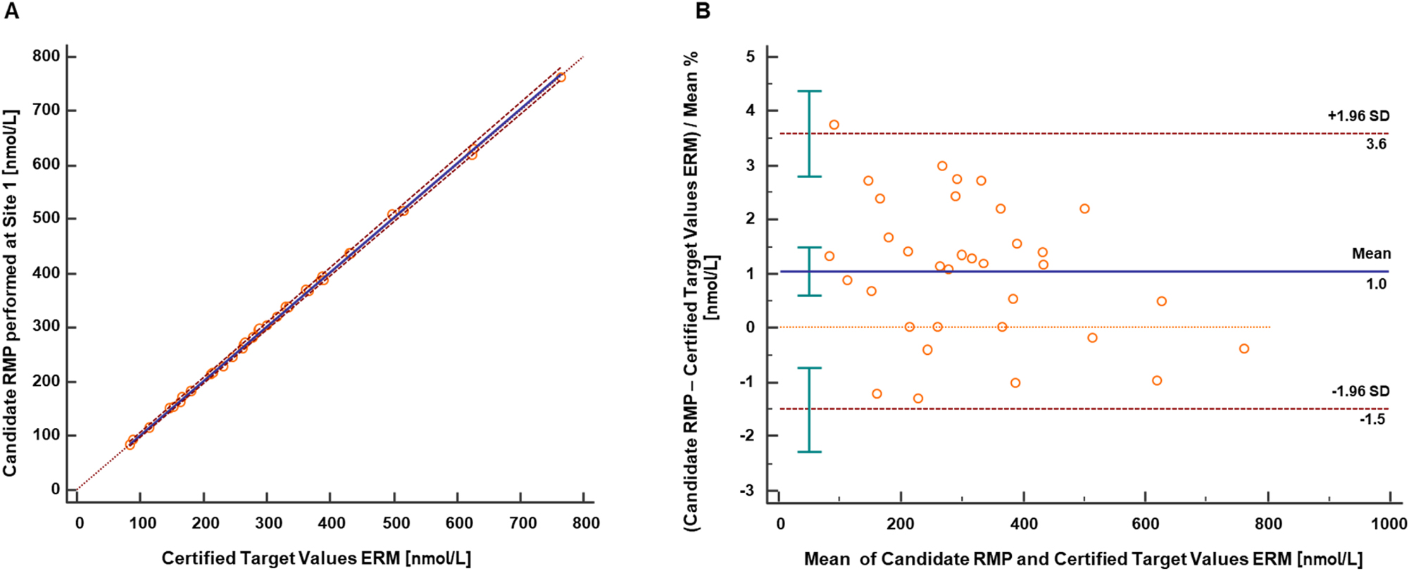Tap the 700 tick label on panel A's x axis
tap(522, 523)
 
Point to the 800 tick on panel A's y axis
tap(46, 56)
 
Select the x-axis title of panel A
tap(316, 558)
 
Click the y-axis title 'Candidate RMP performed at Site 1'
tap(10, 292)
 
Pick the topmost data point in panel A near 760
tap(561, 77)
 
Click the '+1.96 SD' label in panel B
tap(1358, 116)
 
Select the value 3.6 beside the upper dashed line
tap(1376, 144)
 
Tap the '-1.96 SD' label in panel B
tap(1360, 391)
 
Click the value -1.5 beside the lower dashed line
tap(1373, 420)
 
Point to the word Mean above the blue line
tap(1371, 253)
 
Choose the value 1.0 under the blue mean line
tap(1376, 284)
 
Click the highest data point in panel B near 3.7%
tap(834, 125)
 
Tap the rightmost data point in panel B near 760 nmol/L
tap(1244, 349)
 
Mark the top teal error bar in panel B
tap(809, 134)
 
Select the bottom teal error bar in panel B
tap(809, 410)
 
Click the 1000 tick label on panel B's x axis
tap(1389, 524)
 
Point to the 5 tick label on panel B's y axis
tap(750, 56)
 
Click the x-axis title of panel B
tap(1083, 559)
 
